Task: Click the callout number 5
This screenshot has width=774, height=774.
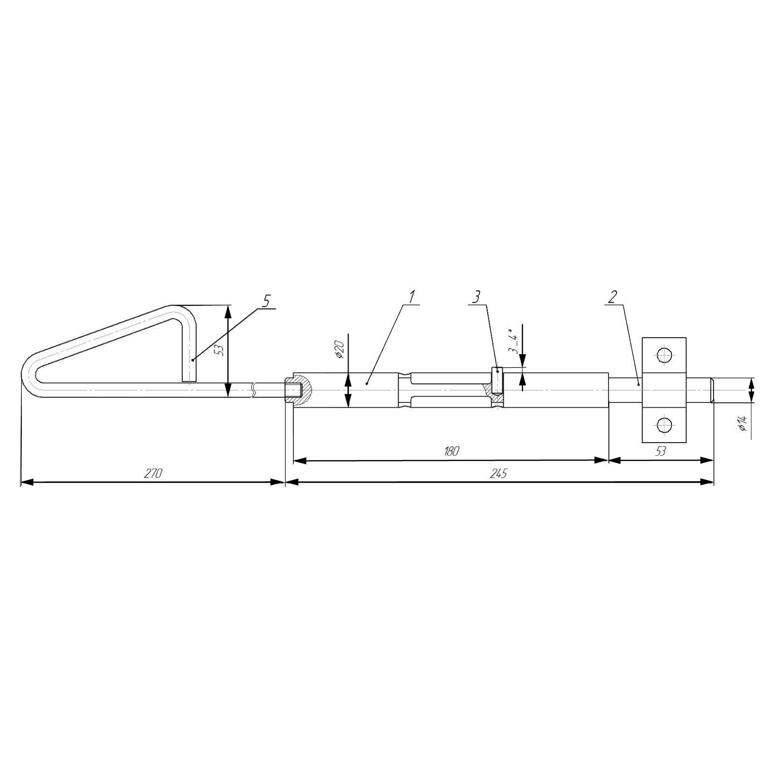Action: click(266, 301)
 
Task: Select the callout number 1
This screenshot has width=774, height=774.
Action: click(412, 297)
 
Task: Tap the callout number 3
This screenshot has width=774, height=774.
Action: click(476, 297)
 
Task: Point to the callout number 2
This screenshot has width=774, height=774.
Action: click(612, 297)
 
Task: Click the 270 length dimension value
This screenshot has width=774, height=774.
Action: click(152, 473)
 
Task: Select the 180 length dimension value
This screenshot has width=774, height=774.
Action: click(451, 451)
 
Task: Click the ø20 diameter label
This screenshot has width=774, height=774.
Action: click(340, 349)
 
